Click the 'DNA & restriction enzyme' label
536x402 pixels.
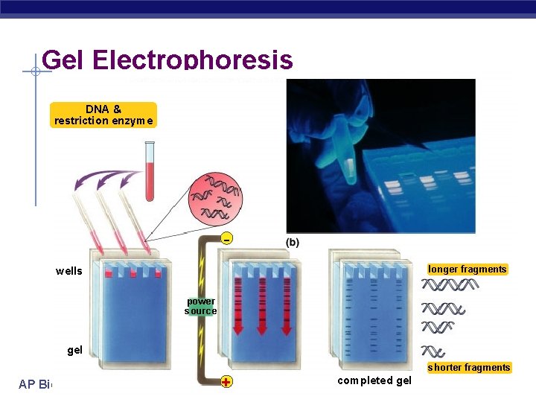click(x=103, y=115)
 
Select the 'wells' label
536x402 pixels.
click(x=69, y=271)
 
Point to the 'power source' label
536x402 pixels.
click(x=201, y=306)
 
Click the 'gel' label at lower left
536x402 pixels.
click(x=74, y=350)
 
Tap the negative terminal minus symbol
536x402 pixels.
click(x=226, y=239)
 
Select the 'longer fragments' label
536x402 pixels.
click(x=468, y=269)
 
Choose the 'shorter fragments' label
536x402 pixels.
click(x=469, y=367)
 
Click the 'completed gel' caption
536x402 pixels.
click(x=374, y=380)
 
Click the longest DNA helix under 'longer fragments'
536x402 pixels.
click(x=450, y=285)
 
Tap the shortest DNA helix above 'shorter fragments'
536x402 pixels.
click(x=433, y=351)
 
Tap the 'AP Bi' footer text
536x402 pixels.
click(x=36, y=383)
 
